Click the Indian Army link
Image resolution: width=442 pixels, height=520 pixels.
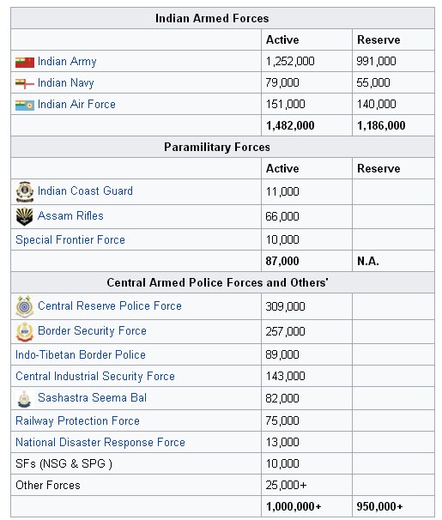(67, 62)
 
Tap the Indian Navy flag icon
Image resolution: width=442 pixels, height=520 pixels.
(24, 83)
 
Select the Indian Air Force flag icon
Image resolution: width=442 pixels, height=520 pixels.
(24, 105)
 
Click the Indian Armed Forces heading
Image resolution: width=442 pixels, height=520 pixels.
(223, 18)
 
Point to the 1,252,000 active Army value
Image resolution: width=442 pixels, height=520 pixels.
(291, 62)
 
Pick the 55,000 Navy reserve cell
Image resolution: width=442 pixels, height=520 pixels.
(373, 83)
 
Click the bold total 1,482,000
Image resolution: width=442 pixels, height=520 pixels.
(290, 126)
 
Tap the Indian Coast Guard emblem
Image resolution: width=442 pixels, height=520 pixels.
(24, 191)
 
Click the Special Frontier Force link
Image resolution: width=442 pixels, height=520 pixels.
(70, 240)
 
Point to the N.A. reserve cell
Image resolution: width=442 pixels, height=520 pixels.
(367, 262)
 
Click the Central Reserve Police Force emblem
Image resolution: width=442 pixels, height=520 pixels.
(24, 306)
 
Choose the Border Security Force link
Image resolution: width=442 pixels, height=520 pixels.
(92, 331)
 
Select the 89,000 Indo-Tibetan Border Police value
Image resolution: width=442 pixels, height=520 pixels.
(283, 355)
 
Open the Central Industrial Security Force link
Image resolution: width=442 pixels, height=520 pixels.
(95, 377)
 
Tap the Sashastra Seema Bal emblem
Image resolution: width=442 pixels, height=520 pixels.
(24, 399)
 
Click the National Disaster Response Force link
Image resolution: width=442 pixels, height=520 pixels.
(100, 443)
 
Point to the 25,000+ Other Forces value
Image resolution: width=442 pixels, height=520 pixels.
(286, 486)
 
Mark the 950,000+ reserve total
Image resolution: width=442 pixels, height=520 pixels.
(380, 507)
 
